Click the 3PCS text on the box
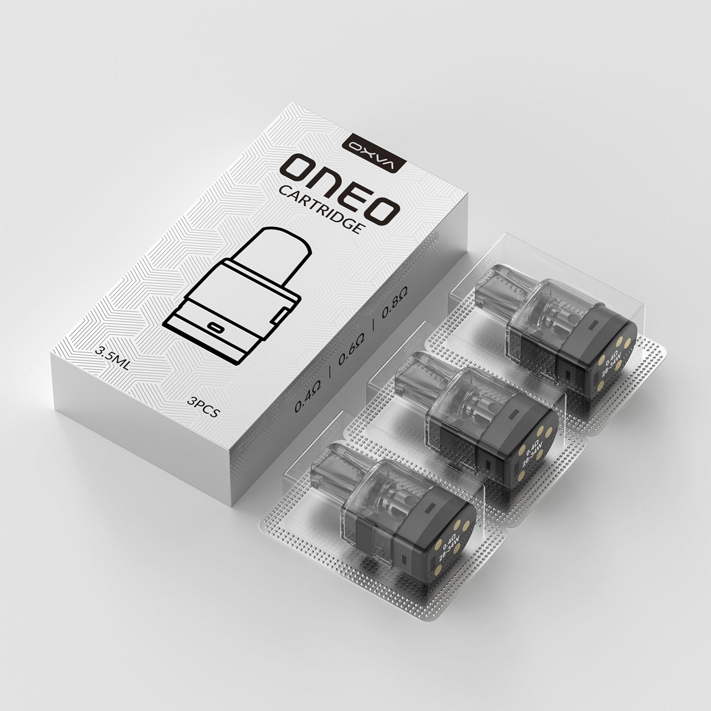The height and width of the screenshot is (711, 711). [203, 406]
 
